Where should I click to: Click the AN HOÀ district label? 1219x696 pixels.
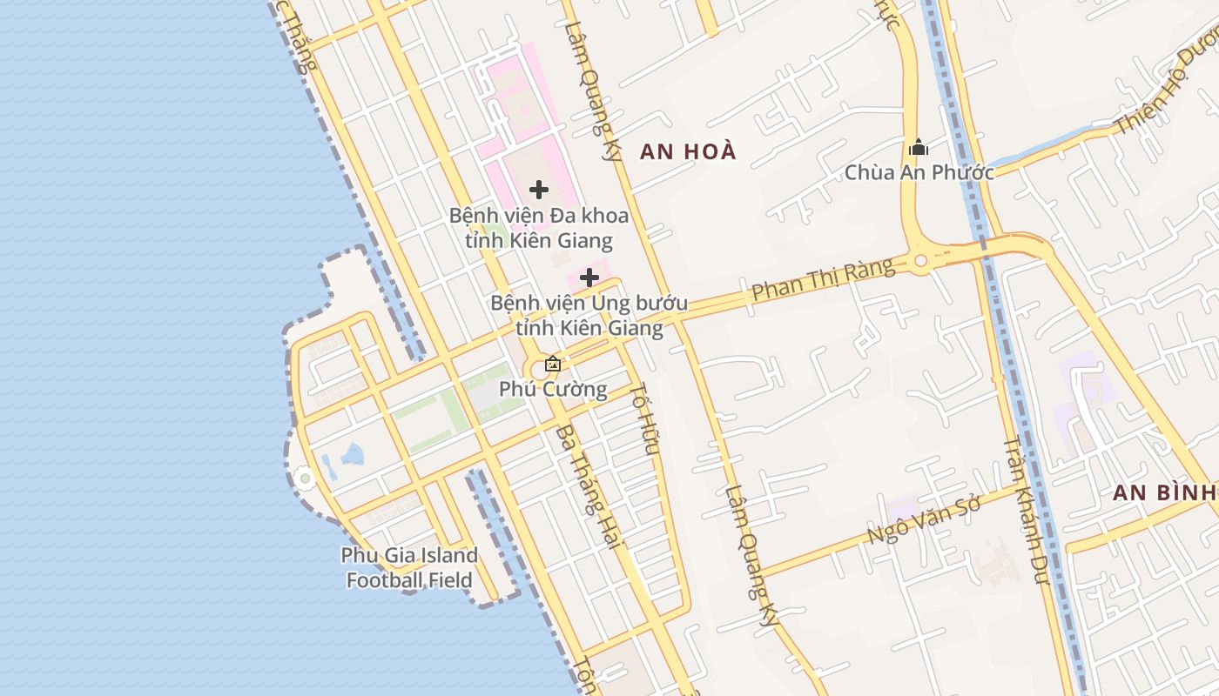pos(688,151)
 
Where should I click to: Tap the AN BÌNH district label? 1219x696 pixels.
pos(1164,492)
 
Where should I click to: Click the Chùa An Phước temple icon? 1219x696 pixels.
pos(918,148)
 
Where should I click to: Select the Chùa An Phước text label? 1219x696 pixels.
pos(919,172)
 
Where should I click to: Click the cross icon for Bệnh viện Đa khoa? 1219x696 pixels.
pos(539,189)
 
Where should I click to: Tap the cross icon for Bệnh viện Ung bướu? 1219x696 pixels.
pos(589,278)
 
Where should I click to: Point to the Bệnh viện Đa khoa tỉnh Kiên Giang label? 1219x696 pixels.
pos(539,227)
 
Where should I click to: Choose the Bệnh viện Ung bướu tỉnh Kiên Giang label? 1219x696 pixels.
pos(589,316)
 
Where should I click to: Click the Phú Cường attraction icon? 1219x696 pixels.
pos(552,364)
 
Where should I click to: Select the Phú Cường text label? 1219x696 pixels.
pos(553,388)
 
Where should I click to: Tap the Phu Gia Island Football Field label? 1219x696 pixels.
pos(409,567)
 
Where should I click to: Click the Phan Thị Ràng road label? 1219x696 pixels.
pos(823,279)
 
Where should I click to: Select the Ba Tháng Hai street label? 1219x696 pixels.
pos(589,486)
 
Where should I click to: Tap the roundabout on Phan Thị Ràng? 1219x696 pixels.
pos(920,260)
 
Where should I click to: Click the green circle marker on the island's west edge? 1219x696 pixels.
pos(304,478)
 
